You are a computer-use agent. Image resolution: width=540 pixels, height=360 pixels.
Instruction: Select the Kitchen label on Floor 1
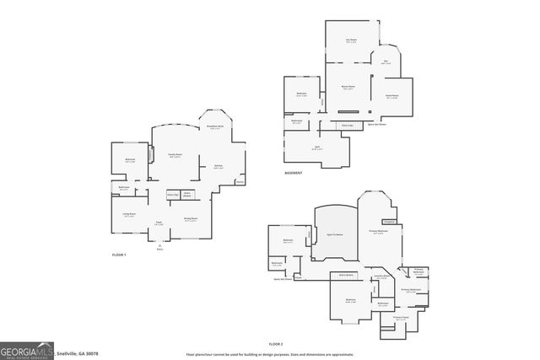tap(218, 165)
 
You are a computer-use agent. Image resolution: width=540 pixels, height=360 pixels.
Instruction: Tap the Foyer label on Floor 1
tap(158, 223)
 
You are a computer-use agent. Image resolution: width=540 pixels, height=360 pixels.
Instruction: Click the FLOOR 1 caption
tap(118, 254)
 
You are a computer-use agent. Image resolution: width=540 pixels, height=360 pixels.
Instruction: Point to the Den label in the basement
tap(385, 61)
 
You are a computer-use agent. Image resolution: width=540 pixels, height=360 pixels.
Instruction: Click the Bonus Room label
tap(347, 86)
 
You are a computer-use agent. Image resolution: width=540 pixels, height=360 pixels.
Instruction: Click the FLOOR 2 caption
tap(275, 344)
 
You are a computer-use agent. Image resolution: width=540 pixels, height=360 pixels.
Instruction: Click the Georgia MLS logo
tap(26, 349)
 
